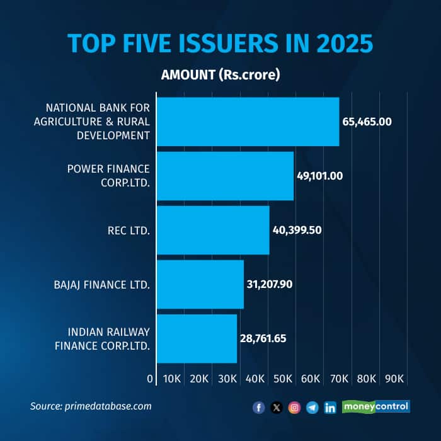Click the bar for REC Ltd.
213,230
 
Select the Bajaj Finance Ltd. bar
200,284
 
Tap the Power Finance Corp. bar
226,176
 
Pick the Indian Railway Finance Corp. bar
197,339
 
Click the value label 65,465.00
367,122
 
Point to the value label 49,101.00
320,176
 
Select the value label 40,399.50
297,231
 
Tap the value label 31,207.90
270,284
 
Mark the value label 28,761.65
263,338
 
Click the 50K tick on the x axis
283,379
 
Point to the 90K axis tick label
394,379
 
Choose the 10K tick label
172,379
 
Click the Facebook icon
259,408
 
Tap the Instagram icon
294,408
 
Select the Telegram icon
312,408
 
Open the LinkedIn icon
330,408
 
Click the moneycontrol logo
376,407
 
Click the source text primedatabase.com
108,406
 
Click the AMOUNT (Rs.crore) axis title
220,75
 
